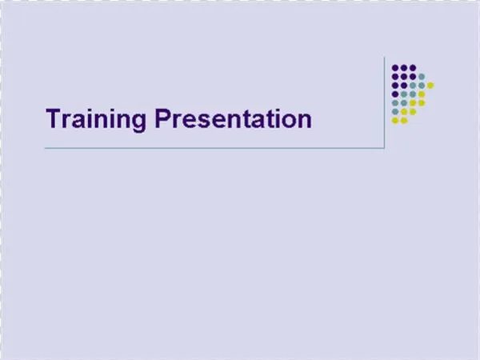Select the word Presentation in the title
(x=232, y=119)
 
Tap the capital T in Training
(x=53, y=118)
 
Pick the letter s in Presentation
(x=198, y=121)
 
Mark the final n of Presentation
(x=304, y=121)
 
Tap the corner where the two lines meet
(x=386, y=148)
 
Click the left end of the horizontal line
(x=46, y=148)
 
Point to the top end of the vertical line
(x=386, y=58)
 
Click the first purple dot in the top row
(x=395, y=67)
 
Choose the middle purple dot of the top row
(x=404, y=67)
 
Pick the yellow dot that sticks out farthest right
(x=430, y=85)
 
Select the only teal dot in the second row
(x=422, y=76)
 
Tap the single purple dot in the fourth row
(x=395, y=94)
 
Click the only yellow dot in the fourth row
(x=422, y=94)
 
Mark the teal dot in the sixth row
(x=395, y=111)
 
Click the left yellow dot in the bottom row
(x=395, y=120)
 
